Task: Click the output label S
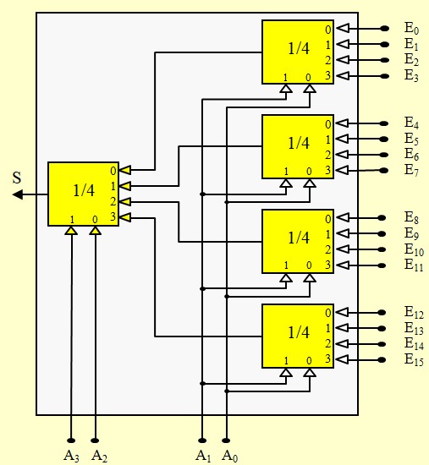(17, 178)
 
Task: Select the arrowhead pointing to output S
(18, 194)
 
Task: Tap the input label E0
(411, 29)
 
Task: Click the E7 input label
(411, 170)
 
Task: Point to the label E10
(414, 249)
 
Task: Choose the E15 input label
(414, 359)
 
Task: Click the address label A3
(71, 455)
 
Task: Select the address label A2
(100, 455)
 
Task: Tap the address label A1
(203, 455)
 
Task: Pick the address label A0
(229, 455)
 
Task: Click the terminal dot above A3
(71, 440)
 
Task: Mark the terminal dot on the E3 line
(385, 76)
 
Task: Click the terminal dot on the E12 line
(382, 313)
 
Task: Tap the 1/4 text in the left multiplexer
(84, 190)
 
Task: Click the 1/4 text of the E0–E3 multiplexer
(299, 48)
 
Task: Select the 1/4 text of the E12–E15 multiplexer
(299, 332)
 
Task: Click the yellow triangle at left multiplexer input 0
(125, 170)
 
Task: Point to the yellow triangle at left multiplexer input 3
(125, 217)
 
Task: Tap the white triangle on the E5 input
(344, 139)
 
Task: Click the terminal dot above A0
(226, 440)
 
